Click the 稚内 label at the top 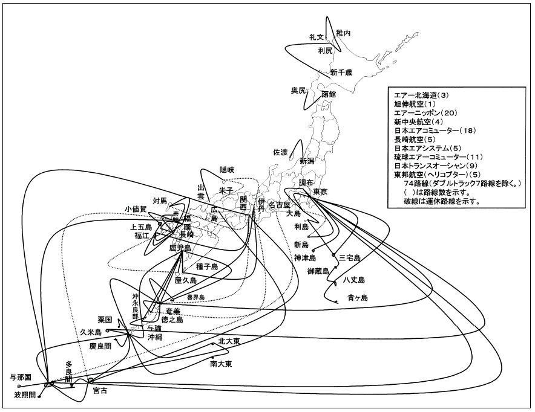click(x=343, y=33)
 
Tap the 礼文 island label click(x=317, y=37)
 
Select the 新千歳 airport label click(x=341, y=72)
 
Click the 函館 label click(x=329, y=95)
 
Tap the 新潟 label click(x=307, y=161)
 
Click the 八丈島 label click(x=354, y=280)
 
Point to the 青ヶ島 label click(x=358, y=297)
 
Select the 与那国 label click(x=21, y=377)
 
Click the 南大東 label click(x=222, y=364)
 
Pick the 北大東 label click(x=229, y=341)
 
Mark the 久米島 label click(x=91, y=332)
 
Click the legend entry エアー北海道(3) click(x=421, y=95)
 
